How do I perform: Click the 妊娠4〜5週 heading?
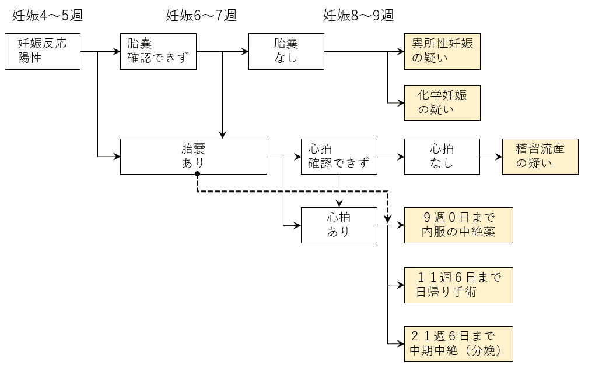coord(47,16)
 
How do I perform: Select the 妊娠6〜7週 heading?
coord(201,16)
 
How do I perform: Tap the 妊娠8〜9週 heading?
coord(358,16)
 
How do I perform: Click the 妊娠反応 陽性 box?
coord(42,52)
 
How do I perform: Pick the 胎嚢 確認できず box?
coord(158,52)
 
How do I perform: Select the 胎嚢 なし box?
coord(286,52)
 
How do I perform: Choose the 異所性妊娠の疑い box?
coord(442,52)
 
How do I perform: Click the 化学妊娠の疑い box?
coord(442,102)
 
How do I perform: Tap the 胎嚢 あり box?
coord(193,157)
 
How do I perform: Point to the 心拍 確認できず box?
coord(339,157)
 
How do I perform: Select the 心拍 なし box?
coord(442,157)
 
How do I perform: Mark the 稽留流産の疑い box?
coord(540,157)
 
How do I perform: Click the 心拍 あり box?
coord(339,225)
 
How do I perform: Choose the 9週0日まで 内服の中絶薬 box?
coord(458,225)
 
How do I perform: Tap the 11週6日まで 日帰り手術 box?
coord(458,285)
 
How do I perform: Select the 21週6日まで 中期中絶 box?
coord(458,344)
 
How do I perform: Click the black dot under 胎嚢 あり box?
coord(197,174)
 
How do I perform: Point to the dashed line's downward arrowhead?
coord(388,220)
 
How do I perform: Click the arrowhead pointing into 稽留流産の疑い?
coord(499,157)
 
